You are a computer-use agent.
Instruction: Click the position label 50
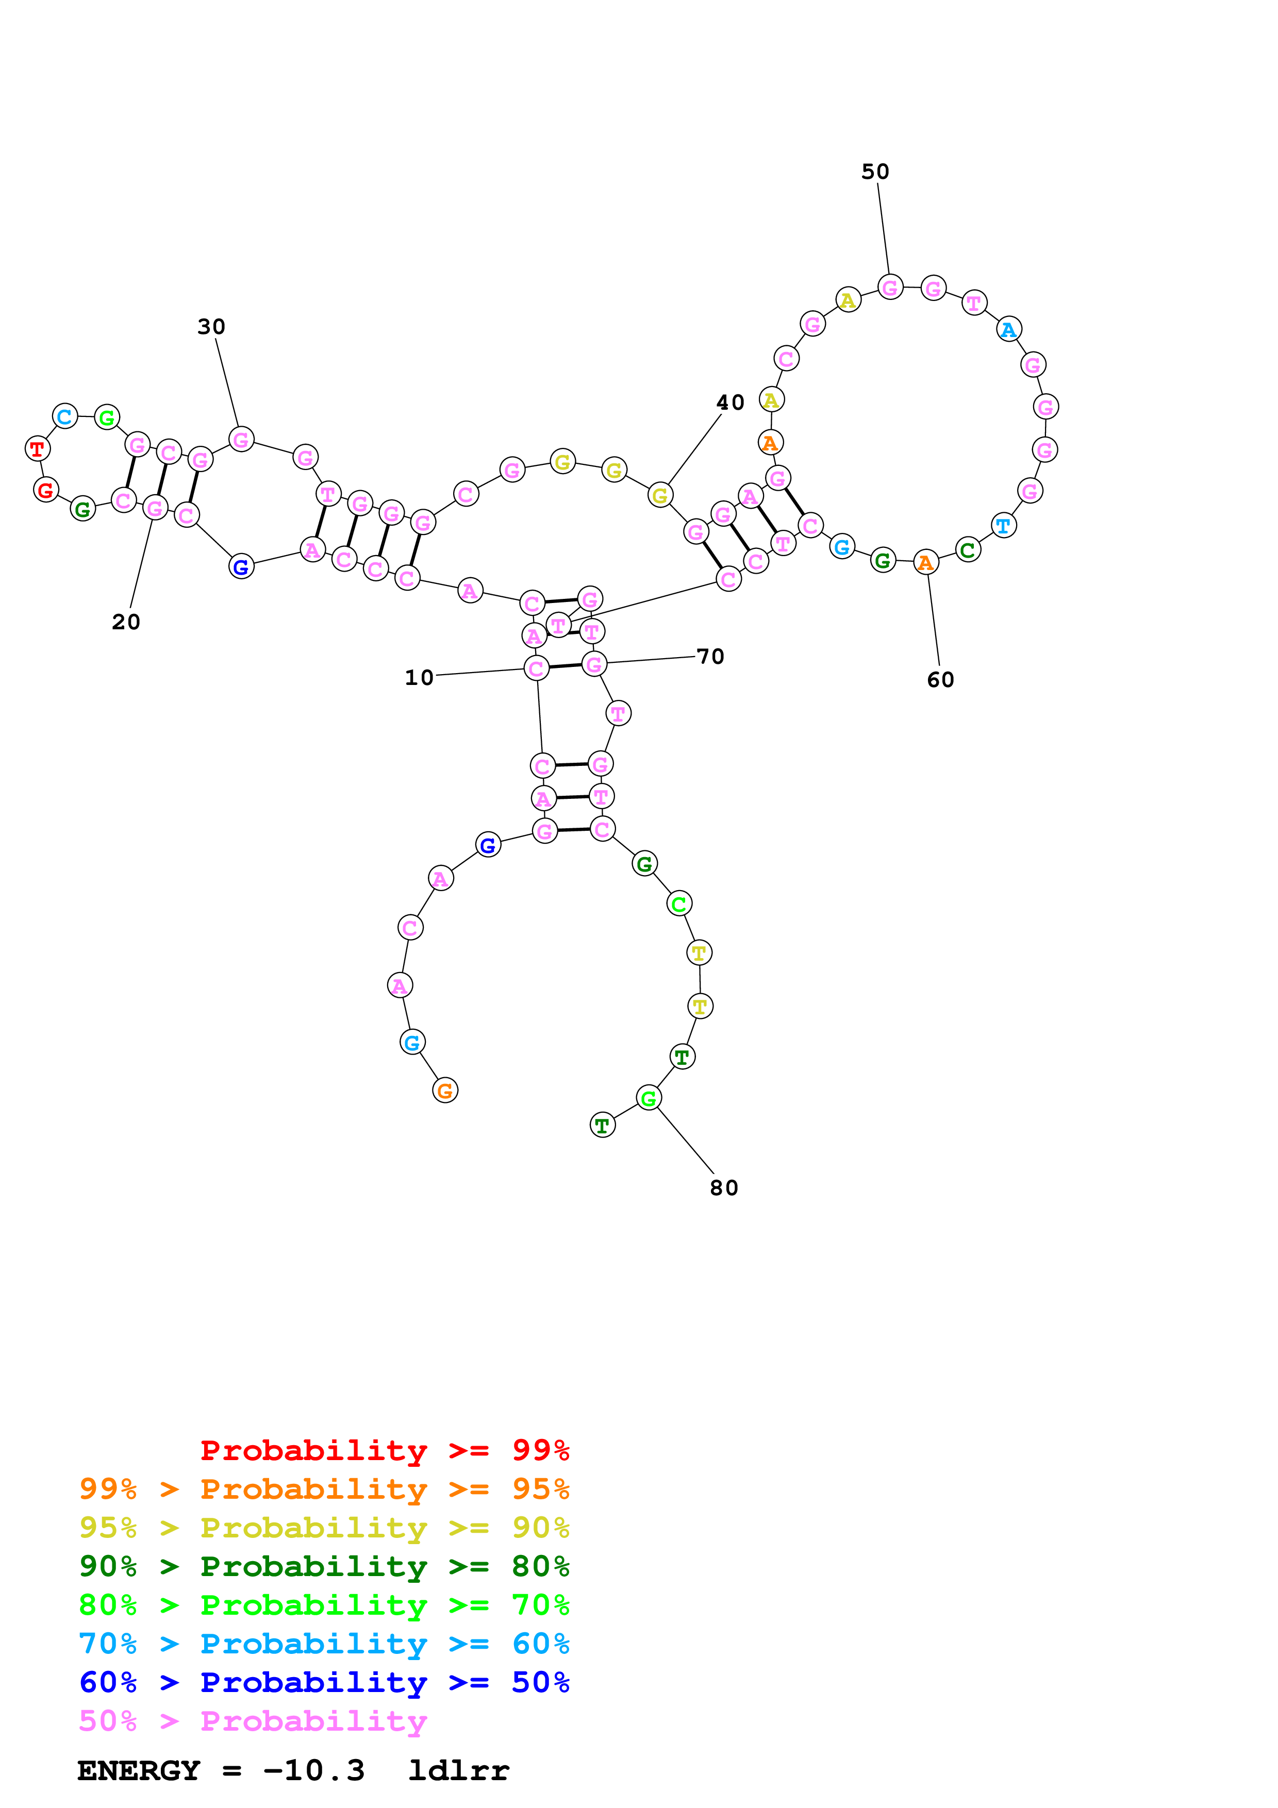[875, 172]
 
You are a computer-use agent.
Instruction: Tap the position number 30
[211, 327]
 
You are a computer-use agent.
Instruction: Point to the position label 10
[419, 678]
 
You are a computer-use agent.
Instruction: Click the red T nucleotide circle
[37, 449]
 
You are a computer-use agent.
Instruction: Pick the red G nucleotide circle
[46, 490]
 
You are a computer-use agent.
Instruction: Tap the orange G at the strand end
[445, 1091]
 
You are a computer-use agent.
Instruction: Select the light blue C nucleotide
[64, 416]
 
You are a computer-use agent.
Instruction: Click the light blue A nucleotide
[1009, 329]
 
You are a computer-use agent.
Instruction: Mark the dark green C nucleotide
[968, 549]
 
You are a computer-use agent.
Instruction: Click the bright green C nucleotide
[679, 904]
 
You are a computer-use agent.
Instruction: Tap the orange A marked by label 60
[926, 562]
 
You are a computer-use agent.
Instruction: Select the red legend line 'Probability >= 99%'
[384, 1450]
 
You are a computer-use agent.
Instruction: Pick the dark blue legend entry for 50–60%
[324, 1682]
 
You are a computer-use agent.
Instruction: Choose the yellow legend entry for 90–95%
[324, 1528]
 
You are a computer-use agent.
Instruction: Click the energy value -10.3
[313, 1770]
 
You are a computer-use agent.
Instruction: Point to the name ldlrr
[458, 1770]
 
